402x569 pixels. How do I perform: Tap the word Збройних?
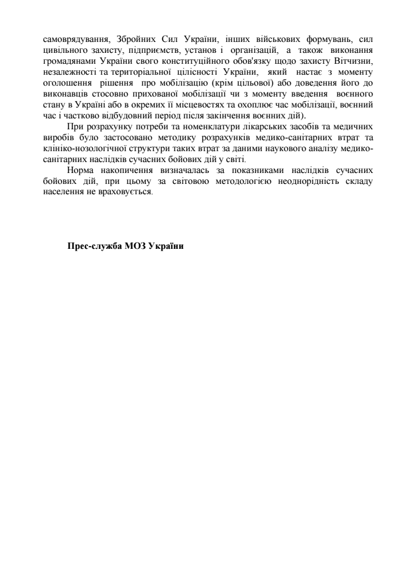pyautogui.click(x=133, y=40)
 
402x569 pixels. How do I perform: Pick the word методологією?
pyautogui.click(x=239, y=182)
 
